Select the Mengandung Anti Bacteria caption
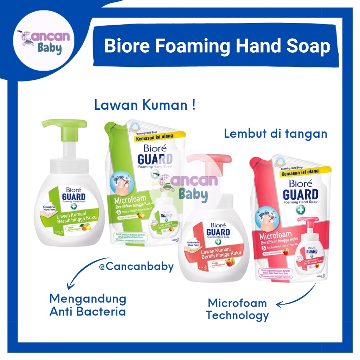tap(88, 305)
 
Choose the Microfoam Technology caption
tap(237, 309)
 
